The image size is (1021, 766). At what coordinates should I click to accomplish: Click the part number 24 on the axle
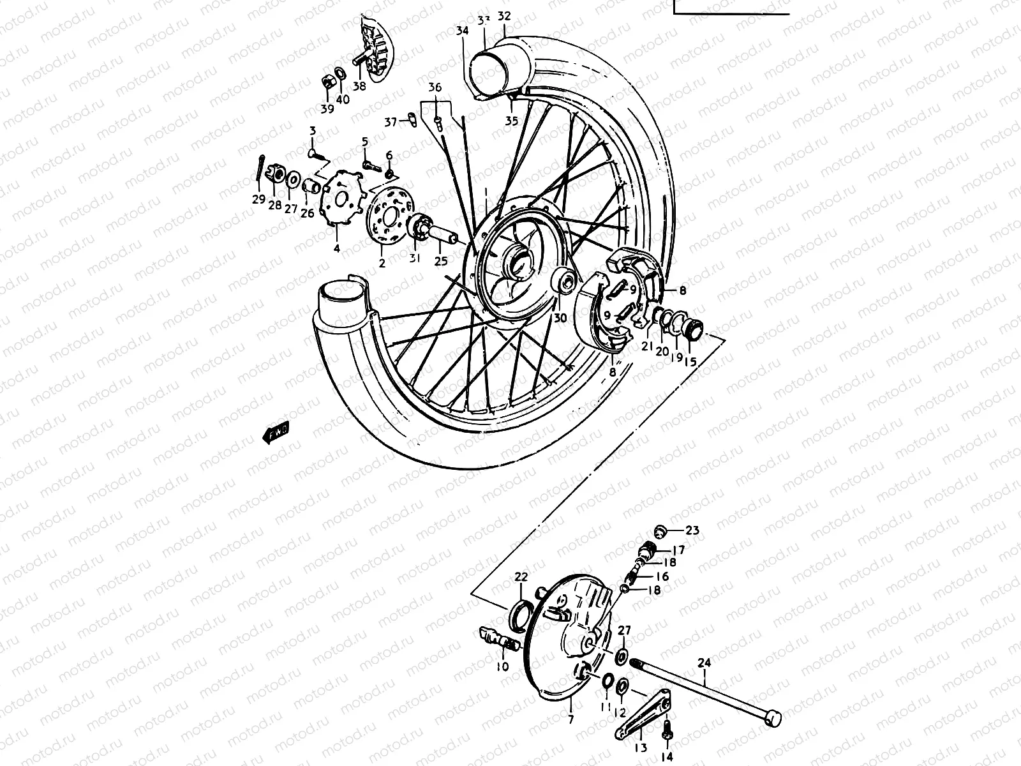pyautogui.click(x=704, y=663)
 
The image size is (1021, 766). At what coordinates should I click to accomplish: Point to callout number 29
pyautogui.click(x=258, y=199)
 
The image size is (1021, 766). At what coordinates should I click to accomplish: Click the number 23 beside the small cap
pyautogui.click(x=692, y=530)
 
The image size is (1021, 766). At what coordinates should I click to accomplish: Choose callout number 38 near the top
pyautogui.click(x=359, y=86)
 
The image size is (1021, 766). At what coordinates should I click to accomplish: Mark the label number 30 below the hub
pyautogui.click(x=560, y=318)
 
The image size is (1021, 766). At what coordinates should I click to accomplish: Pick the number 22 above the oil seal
pyautogui.click(x=521, y=577)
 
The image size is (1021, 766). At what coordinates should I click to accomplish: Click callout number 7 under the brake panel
pyautogui.click(x=570, y=720)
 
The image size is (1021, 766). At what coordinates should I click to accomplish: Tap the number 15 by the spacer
pyautogui.click(x=690, y=361)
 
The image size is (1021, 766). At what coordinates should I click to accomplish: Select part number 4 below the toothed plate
pyautogui.click(x=337, y=247)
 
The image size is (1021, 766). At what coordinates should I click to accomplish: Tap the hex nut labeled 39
pyautogui.click(x=325, y=82)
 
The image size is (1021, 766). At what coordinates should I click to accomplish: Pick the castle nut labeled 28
pyautogui.click(x=276, y=174)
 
